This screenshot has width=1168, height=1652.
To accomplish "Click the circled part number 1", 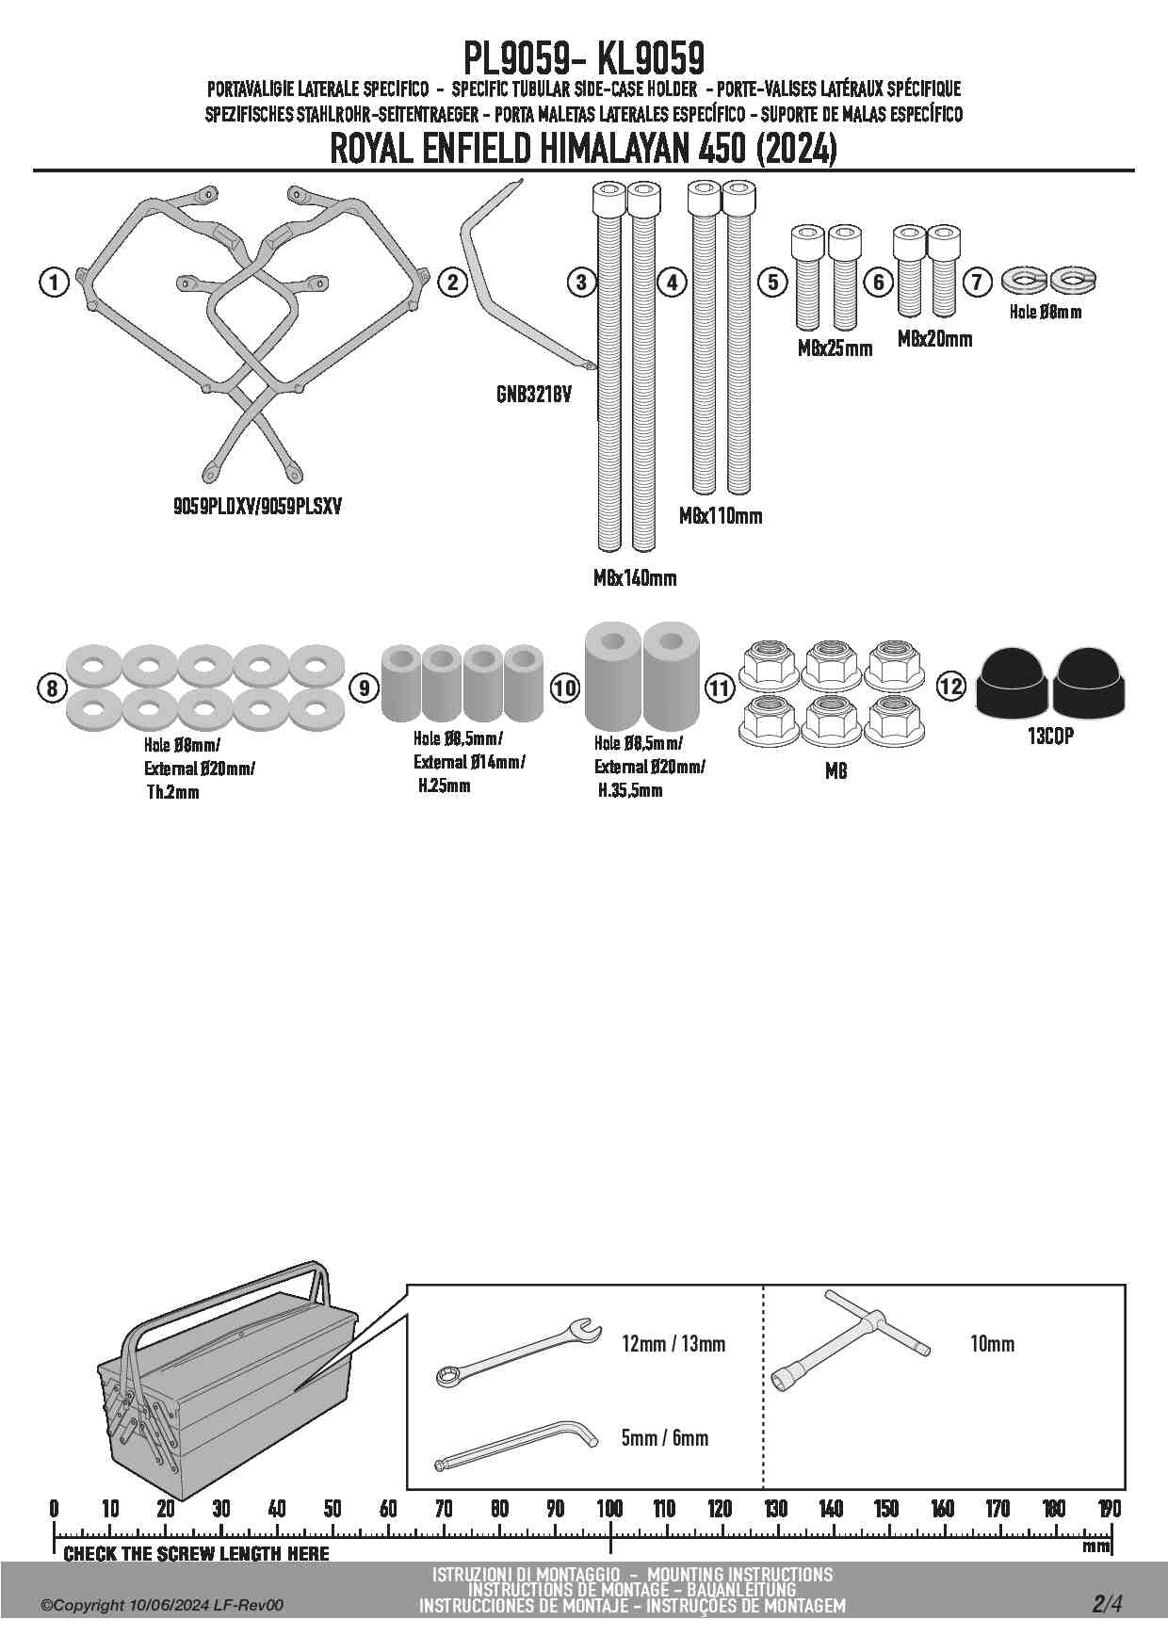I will point(55,282).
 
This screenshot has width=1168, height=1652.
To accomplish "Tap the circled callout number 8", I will point(53,688).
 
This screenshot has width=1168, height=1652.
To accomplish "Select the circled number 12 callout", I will point(951,686).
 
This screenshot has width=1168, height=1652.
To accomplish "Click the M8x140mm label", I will point(635,578).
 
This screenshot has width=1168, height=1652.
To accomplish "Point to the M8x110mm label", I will point(721,516).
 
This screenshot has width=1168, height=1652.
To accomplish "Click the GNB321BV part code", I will point(534,395).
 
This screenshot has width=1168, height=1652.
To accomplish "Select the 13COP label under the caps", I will point(1050,737).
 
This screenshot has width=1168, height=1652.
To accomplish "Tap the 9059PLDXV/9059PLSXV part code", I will point(257,507).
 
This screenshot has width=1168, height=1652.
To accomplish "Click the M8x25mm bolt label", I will point(835,348).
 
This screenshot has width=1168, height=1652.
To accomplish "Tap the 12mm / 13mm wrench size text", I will point(673,1344).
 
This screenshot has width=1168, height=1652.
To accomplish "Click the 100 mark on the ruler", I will point(610,1509).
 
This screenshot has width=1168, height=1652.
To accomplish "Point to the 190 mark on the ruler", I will point(1109,1509).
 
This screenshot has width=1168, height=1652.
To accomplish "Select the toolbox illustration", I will point(226,1385).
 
